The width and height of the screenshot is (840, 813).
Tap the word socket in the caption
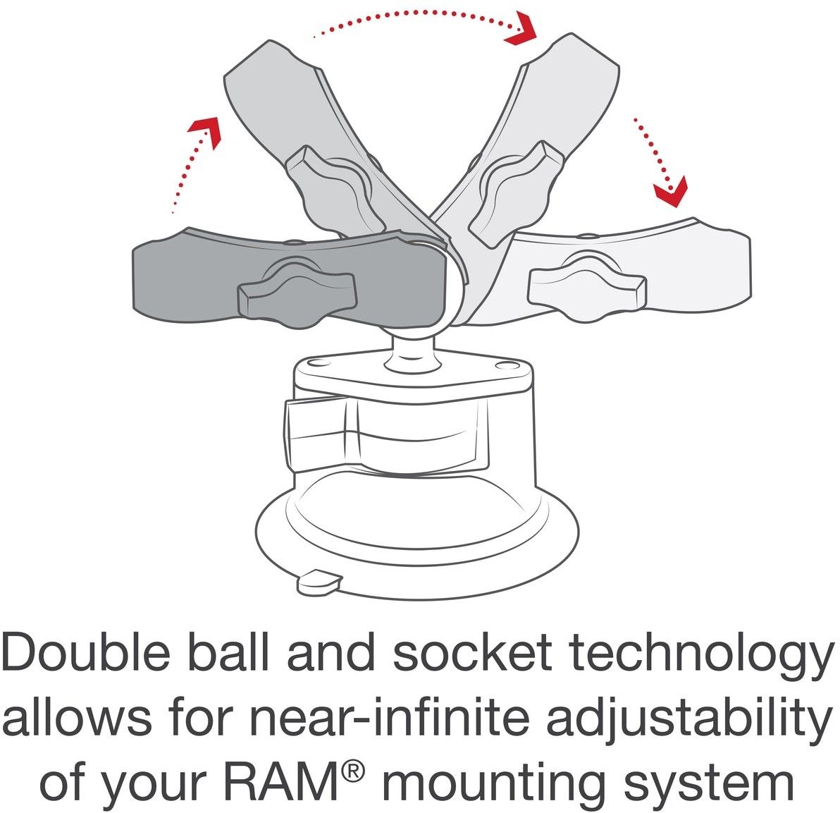click(x=472, y=652)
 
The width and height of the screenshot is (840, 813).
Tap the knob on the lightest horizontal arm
click(x=586, y=287)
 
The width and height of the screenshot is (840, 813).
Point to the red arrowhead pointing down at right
click(x=672, y=191)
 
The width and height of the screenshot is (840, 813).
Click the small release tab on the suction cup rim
click(x=320, y=582)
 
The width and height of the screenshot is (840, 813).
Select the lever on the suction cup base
click(x=385, y=435)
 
